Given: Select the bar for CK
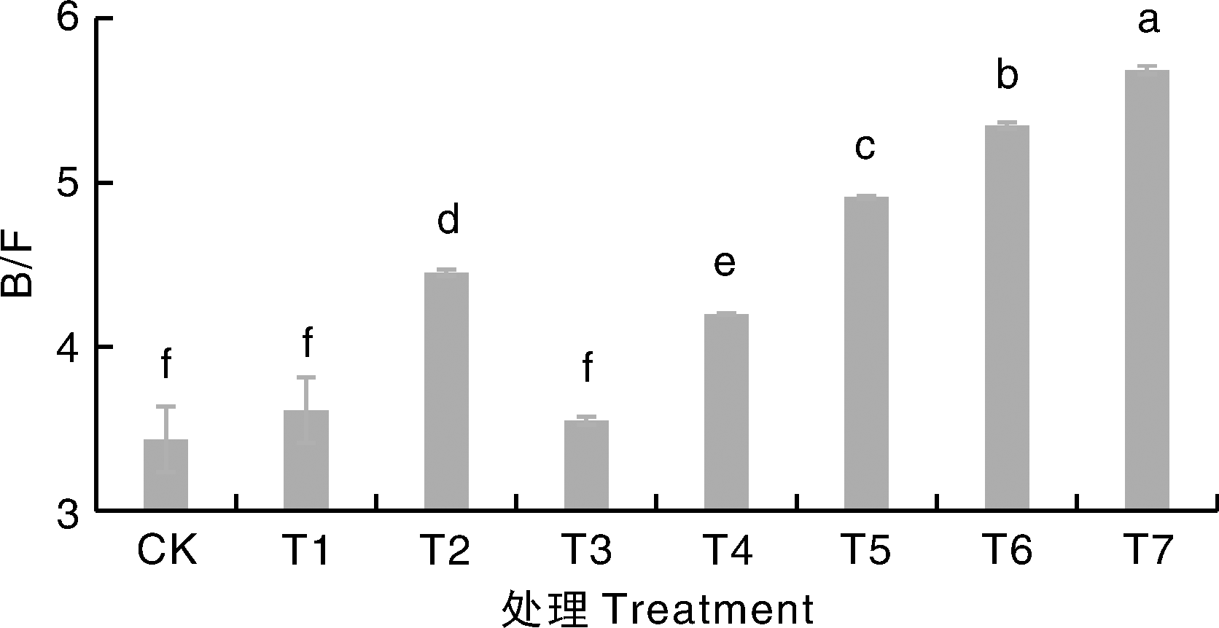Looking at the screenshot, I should pyautogui.click(x=165, y=474).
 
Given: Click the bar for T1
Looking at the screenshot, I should pyautogui.click(x=306, y=460).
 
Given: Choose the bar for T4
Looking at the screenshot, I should pyautogui.click(x=726, y=412).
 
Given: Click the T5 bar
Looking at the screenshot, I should pyautogui.click(x=866, y=353).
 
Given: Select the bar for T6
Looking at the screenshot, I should pyautogui.click(x=1007, y=318).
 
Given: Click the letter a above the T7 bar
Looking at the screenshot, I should pyautogui.click(x=1148, y=22).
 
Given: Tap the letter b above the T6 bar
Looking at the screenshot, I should pyautogui.click(x=1007, y=76).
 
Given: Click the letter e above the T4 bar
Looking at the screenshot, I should pyautogui.click(x=724, y=264).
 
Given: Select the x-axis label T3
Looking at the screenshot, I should pyautogui.click(x=586, y=552).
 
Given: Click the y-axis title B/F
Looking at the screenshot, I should pyautogui.click(x=17, y=270).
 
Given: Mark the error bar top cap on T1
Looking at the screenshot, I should pyautogui.click(x=306, y=377).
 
